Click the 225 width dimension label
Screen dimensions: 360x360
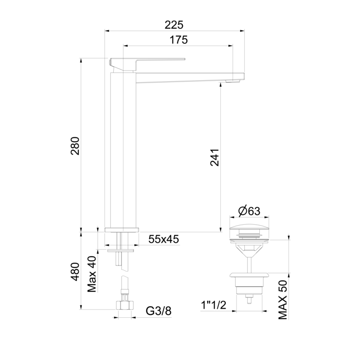174,25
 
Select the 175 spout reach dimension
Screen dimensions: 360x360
179,40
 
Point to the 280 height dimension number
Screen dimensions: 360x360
75,146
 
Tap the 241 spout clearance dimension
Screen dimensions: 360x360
215,157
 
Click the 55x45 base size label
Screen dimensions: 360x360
164,239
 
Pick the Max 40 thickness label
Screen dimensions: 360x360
92,274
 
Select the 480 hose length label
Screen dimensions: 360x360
75,272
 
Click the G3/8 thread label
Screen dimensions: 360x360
158,312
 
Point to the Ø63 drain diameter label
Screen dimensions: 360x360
249,211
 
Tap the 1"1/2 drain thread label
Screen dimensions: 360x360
214,305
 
